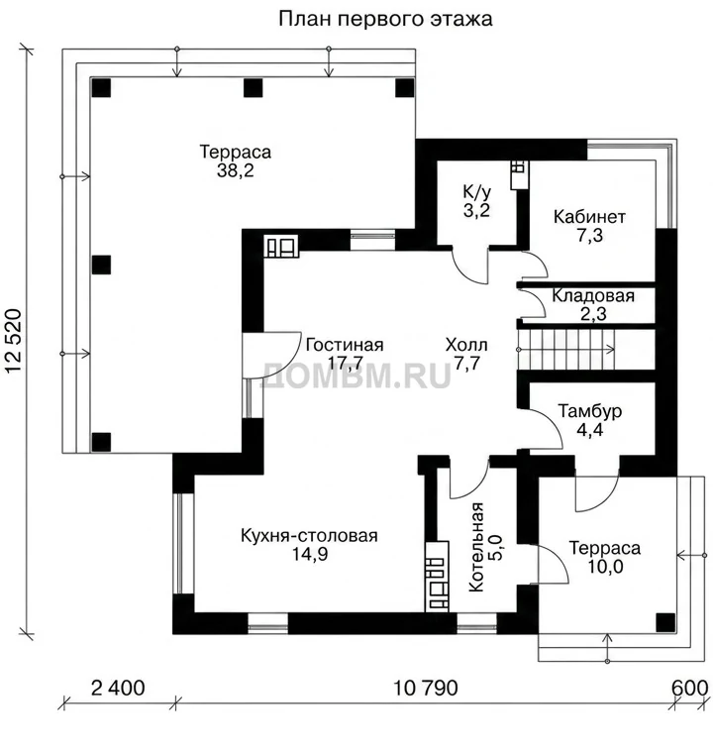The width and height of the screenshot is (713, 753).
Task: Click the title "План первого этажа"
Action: (385, 19)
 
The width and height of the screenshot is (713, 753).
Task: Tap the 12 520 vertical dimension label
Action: (14, 341)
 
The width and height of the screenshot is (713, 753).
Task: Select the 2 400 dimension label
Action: (118, 688)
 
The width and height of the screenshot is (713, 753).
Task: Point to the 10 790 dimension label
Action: (426, 688)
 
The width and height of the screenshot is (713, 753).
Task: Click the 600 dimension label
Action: (689, 688)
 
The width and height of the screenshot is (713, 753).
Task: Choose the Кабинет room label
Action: (589, 217)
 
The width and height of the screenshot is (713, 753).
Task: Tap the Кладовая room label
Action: (593, 295)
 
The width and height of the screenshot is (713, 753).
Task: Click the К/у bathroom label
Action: (476, 191)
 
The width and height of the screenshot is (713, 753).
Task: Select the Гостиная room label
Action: (345, 345)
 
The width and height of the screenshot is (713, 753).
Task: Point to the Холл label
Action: (466, 345)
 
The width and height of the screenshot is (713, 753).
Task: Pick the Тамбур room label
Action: (589, 411)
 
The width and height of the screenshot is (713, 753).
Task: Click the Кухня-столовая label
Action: (309, 535)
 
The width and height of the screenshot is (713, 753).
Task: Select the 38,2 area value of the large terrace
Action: (235, 170)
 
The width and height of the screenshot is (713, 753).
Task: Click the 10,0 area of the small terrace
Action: (605, 567)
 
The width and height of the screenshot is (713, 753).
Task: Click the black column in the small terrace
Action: (665, 622)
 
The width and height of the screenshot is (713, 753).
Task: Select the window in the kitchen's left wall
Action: (178, 544)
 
